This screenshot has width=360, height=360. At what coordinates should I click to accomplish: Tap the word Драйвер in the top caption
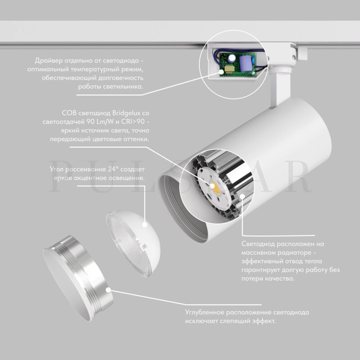49,61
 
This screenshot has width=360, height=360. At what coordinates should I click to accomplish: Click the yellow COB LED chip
216,188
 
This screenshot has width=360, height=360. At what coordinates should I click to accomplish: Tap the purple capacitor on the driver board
246,63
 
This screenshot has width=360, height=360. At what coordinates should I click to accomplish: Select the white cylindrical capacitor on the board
231,58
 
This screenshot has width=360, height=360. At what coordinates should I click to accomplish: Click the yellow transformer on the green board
229,69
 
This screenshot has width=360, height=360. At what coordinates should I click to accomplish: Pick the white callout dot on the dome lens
144,225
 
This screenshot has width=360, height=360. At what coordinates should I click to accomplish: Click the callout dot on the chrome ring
108,290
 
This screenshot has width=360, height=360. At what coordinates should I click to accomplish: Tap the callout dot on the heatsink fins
243,196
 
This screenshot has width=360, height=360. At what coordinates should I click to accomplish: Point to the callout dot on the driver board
221,72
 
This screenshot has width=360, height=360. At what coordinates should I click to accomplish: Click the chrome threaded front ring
78,278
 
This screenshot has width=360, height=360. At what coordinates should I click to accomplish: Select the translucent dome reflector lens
133,243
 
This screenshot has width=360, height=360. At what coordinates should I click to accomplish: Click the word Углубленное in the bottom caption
205,312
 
